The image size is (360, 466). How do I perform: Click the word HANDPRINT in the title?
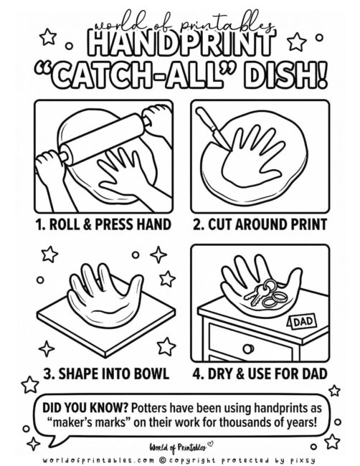[x=179, y=45]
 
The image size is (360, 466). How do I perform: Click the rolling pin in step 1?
[x=108, y=136]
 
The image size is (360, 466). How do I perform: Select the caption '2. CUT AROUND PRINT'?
[x=260, y=224]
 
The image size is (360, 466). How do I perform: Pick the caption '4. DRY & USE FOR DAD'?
[x=260, y=373]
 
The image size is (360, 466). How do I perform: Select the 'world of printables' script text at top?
[x=179, y=26]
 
